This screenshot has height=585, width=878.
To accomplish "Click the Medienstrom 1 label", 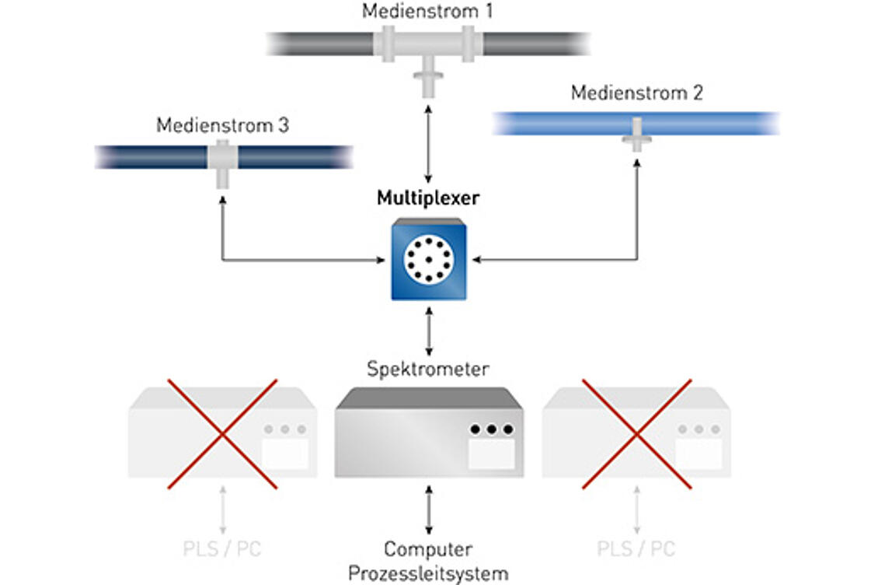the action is coord(427,11).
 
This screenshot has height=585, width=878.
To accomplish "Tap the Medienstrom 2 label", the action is coord(636,93).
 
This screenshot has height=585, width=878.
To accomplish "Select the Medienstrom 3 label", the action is coord(222,125).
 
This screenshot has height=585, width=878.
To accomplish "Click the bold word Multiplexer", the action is coord(428,198).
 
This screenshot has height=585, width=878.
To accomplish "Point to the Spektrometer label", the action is coord(428,369).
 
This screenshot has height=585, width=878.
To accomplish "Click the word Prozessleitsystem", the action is coord(428,574).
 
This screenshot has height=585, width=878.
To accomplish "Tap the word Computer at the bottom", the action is coord(428,549).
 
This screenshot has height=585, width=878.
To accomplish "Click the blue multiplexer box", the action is coord(429,259).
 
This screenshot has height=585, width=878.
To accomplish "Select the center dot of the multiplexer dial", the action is coord(429,259).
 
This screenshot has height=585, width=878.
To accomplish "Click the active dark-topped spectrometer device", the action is coord(429,433).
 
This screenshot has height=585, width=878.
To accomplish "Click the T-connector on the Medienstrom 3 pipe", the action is coord(222,163).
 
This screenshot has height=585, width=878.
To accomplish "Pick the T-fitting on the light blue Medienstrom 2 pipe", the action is coord(636,134).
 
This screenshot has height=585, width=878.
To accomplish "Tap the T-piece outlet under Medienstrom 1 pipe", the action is coord(428,82).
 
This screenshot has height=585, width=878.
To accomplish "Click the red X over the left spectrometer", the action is coord(222,434).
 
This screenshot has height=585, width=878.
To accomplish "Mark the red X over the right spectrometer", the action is coord(636,434).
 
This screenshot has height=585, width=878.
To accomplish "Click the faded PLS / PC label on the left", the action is coord(222,549).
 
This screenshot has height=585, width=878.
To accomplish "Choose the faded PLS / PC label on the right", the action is coord(636,549).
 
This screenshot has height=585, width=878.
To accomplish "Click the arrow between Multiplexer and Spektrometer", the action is coord(429,331).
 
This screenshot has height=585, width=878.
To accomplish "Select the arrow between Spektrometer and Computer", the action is coord(429,510).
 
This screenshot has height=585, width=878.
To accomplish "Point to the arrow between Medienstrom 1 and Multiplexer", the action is coord(428,144).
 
